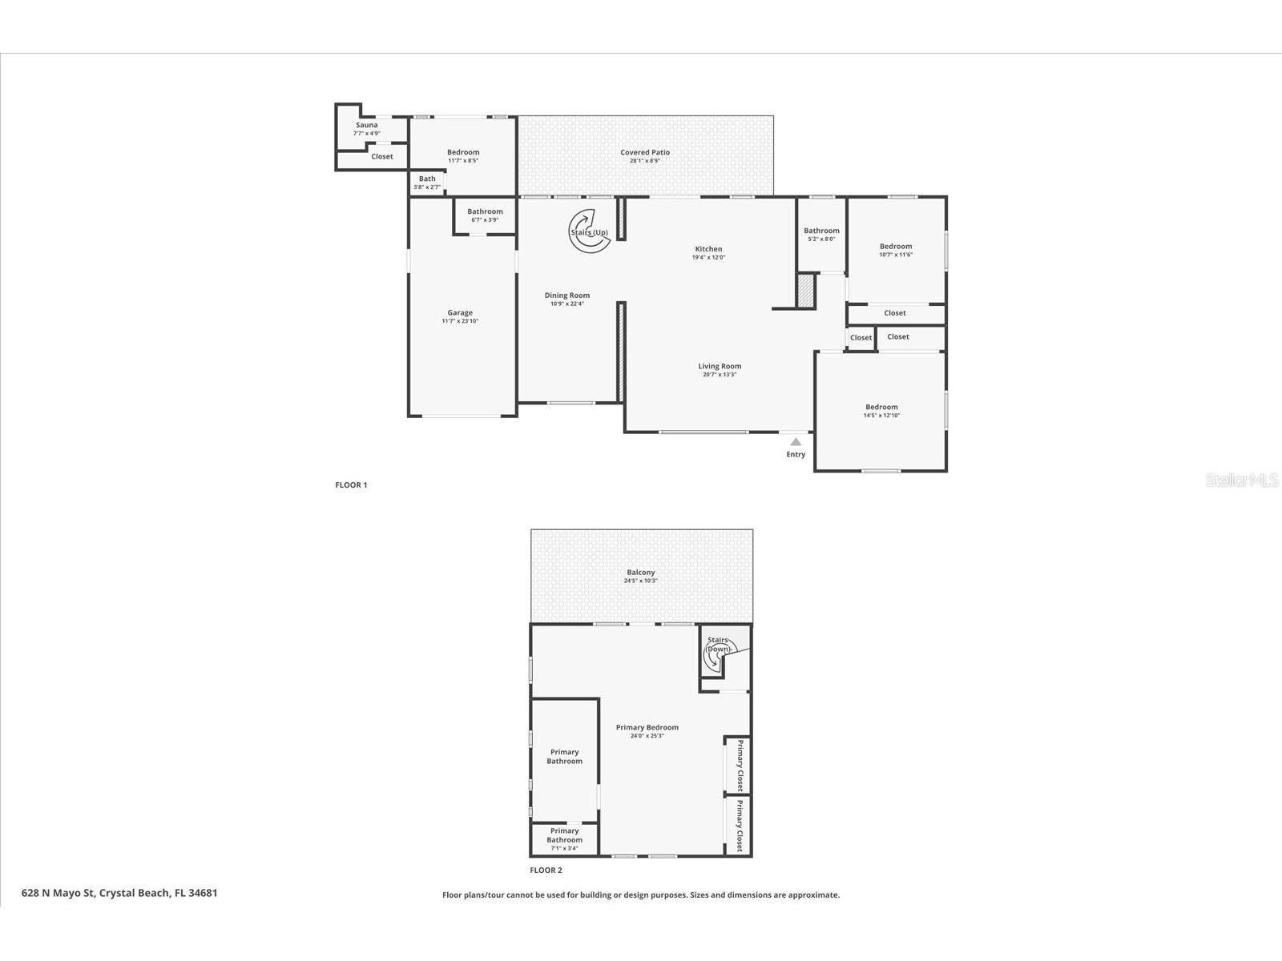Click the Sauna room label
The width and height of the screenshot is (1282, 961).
click(x=367, y=125)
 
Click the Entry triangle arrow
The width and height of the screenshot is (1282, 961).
click(x=796, y=441)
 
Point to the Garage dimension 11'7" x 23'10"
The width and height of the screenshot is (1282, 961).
click(x=460, y=321)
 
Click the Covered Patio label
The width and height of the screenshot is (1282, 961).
click(x=645, y=152)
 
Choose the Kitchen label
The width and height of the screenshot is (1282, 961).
click(x=708, y=249)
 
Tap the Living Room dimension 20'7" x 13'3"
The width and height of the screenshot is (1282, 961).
click(x=720, y=375)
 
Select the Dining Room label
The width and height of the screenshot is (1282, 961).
click(x=567, y=296)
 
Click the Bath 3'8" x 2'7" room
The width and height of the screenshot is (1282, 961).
click(x=427, y=183)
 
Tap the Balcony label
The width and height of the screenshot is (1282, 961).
click(x=641, y=573)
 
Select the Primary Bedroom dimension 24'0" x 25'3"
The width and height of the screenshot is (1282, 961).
click(x=647, y=736)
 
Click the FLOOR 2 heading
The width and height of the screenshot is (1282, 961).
click(x=546, y=870)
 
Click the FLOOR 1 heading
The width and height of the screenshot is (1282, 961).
click(x=351, y=485)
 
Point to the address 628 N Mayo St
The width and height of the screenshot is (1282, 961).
click(x=119, y=893)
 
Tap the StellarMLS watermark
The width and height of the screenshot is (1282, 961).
click(x=1243, y=480)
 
